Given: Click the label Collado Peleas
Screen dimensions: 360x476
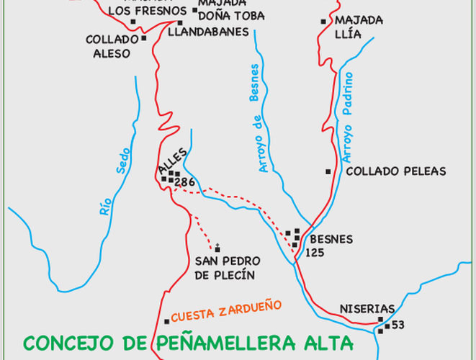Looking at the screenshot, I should (396, 171).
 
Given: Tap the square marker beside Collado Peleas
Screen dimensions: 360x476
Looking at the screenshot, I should (328, 171).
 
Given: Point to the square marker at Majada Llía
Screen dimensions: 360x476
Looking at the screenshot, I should (323, 22).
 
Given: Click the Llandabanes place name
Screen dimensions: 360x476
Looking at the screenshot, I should (208, 32).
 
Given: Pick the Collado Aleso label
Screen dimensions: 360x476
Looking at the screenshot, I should (111, 46).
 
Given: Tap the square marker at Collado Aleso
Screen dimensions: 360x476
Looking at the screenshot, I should (144, 38).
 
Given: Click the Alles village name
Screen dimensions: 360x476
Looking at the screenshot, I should (172, 160).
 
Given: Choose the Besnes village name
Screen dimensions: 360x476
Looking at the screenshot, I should (331, 239).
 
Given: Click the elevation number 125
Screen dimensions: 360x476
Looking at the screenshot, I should (315, 253).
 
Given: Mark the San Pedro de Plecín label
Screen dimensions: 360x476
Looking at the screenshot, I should (227, 267).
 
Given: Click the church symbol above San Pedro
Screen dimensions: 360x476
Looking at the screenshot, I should (217, 247).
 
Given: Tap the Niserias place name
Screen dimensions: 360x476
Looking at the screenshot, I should (367, 309).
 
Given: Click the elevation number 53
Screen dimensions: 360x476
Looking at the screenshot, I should (398, 325).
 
